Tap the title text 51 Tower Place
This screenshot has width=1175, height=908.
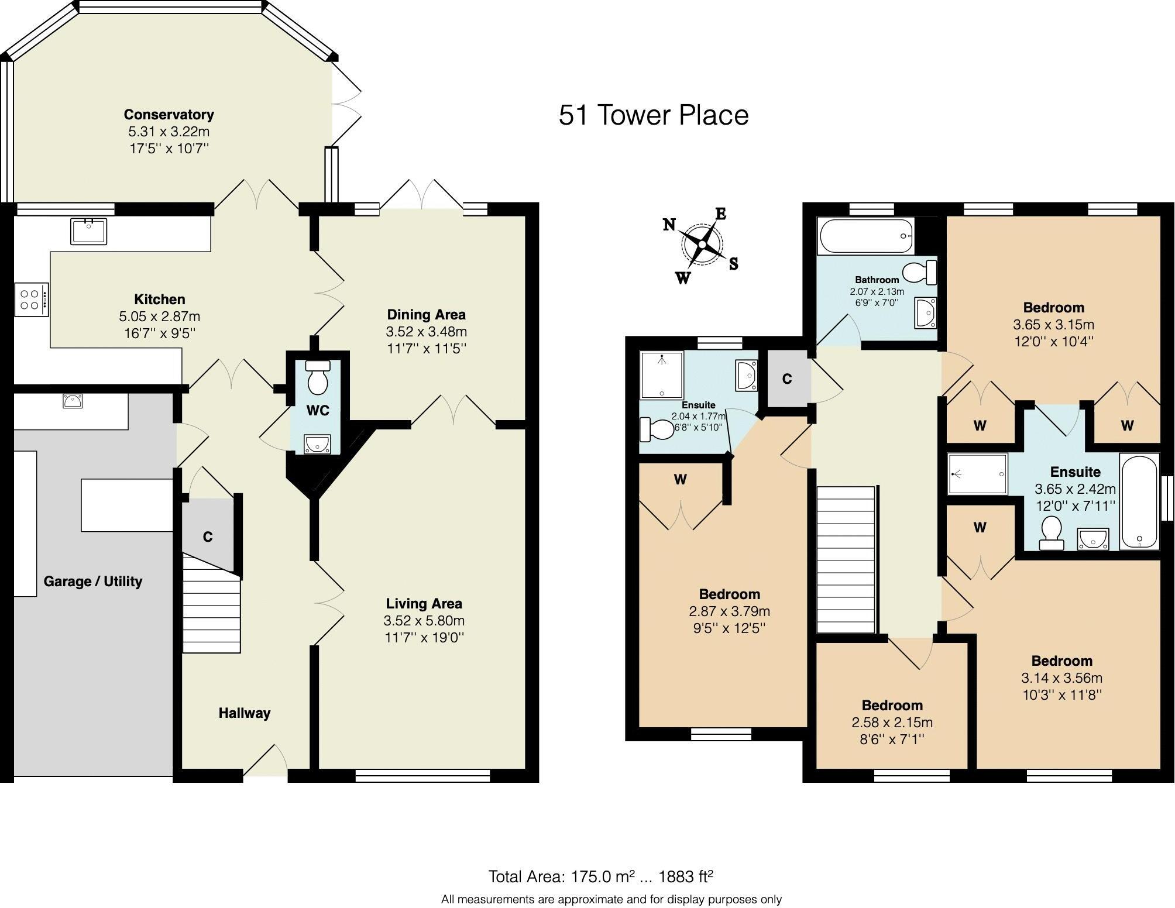point(653,115)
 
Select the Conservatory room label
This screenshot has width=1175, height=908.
point(169,115)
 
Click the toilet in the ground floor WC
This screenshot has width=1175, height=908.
point(318,377)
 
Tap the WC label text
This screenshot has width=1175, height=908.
point(318,411)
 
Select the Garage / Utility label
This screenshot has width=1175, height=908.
point(93,582)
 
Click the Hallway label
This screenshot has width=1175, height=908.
point(244,713)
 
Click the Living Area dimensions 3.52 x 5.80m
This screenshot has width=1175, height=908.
point(424,621)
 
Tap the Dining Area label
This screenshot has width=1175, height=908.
point(426,315)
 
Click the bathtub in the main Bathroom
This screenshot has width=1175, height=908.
point(866,236)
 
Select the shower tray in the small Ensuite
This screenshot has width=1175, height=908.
point(661,374)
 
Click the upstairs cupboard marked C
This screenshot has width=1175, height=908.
point(788,379)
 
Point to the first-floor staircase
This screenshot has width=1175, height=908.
point(846,559)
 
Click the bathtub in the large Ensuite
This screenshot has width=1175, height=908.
point(1139,501)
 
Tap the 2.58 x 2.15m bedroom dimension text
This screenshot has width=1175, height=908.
point(892,723)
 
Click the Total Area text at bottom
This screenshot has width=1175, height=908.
point(600,876)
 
